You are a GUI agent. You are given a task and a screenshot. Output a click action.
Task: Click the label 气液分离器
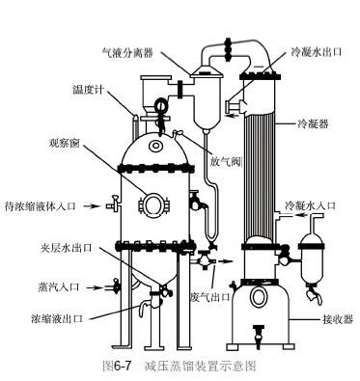127,52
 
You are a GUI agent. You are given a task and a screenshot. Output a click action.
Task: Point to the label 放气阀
226,162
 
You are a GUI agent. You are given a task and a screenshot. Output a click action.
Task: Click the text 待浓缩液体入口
40,205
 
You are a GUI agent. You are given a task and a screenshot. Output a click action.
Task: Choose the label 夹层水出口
67,248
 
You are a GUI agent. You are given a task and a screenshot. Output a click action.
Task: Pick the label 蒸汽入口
58,286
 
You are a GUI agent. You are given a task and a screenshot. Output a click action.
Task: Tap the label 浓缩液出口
57,318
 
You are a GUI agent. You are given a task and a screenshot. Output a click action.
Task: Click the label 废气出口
210,296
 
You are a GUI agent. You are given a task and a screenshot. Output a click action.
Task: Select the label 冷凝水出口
316,52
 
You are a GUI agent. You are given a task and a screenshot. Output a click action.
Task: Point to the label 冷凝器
314,123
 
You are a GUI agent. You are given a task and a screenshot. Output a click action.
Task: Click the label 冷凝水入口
310,205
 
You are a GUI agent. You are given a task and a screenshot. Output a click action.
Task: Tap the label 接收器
338,319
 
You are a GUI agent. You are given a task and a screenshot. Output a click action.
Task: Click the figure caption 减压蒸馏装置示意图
200,366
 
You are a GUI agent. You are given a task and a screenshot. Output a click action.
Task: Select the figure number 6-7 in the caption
123,366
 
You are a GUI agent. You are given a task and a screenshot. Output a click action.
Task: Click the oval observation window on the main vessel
153,205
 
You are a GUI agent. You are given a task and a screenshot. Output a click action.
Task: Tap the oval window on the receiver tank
259,297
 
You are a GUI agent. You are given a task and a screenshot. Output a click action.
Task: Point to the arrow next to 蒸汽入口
95,287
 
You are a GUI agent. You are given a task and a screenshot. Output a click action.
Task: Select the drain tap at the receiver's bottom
259,336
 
